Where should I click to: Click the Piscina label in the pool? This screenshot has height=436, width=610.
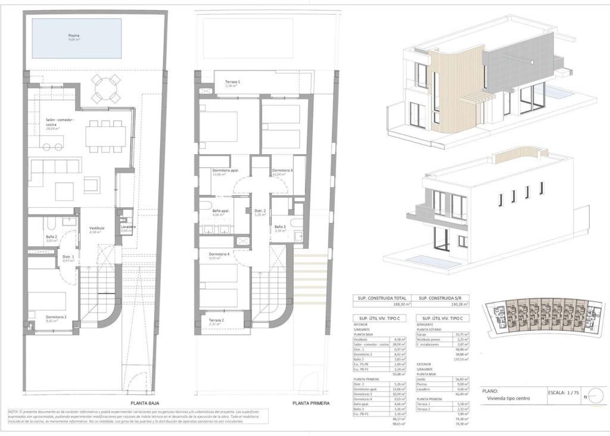point(74,36)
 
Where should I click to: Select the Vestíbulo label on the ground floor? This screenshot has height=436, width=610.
point(97,228)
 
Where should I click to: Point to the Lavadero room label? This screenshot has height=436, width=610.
point(128,227)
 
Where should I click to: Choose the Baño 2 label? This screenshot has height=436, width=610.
point(52,236)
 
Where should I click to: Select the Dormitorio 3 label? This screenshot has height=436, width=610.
point(282,171)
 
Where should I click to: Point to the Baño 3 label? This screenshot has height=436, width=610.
point(280,227)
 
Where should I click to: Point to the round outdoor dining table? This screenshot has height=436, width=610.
point(106,88)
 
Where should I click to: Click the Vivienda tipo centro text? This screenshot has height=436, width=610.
point(508,398)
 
